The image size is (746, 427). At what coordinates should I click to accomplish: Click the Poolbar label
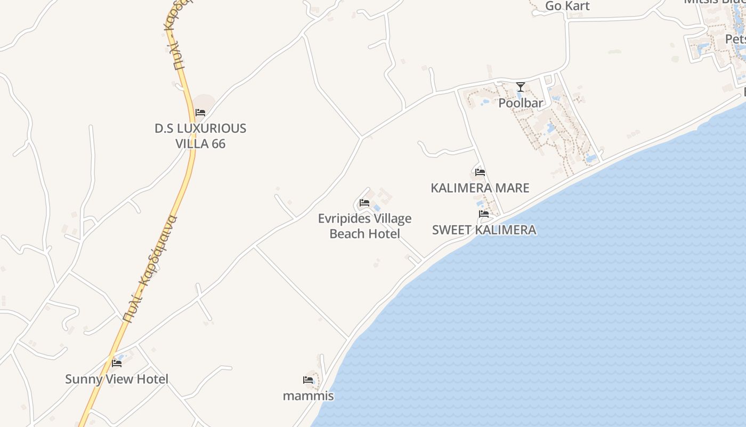click(521, 103)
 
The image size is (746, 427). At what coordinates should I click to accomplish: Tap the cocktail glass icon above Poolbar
click(521, 86)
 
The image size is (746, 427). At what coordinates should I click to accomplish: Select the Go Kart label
click(567, 6)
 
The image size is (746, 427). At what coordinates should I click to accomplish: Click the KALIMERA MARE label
click(480, 188)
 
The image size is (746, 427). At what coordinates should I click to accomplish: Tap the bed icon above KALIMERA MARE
click(480, 172)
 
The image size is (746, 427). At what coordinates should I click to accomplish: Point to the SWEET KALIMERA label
click(484, 230)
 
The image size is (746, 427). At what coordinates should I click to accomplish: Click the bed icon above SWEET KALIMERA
click(484, 213)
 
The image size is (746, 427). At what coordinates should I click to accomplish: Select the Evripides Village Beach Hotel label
click(365, 226)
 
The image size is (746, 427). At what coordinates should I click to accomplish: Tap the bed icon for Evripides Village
click(364, 203)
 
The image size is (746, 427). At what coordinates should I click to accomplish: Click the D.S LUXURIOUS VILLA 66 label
click(200, 136)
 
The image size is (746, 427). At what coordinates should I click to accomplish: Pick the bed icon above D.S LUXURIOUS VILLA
click(200, 112)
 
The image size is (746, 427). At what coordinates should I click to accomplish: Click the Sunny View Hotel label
click(117, 379)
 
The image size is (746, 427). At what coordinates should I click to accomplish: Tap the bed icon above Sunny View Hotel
click(117, 363)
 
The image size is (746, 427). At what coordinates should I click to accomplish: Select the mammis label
click(308, 396)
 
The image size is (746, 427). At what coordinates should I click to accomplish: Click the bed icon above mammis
click(308, 379)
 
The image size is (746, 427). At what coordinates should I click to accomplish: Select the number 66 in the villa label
click(218, 144)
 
